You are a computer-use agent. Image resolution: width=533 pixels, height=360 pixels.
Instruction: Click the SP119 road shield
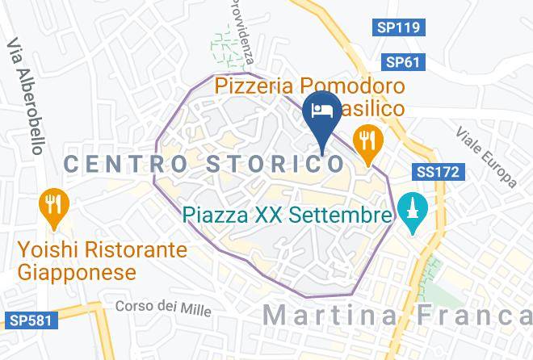399,28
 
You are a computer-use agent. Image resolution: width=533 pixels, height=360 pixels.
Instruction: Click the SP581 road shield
30,321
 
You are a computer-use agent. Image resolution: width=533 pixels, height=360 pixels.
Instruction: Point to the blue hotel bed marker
320,111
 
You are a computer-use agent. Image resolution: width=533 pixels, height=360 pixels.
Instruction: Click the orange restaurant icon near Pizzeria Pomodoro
368,140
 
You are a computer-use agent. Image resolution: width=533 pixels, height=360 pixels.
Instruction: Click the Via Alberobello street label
25,97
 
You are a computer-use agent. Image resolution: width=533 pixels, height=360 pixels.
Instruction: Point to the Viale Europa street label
485,156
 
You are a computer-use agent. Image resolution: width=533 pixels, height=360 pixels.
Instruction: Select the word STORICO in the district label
274,164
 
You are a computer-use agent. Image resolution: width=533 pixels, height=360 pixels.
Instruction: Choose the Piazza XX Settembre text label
287,216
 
